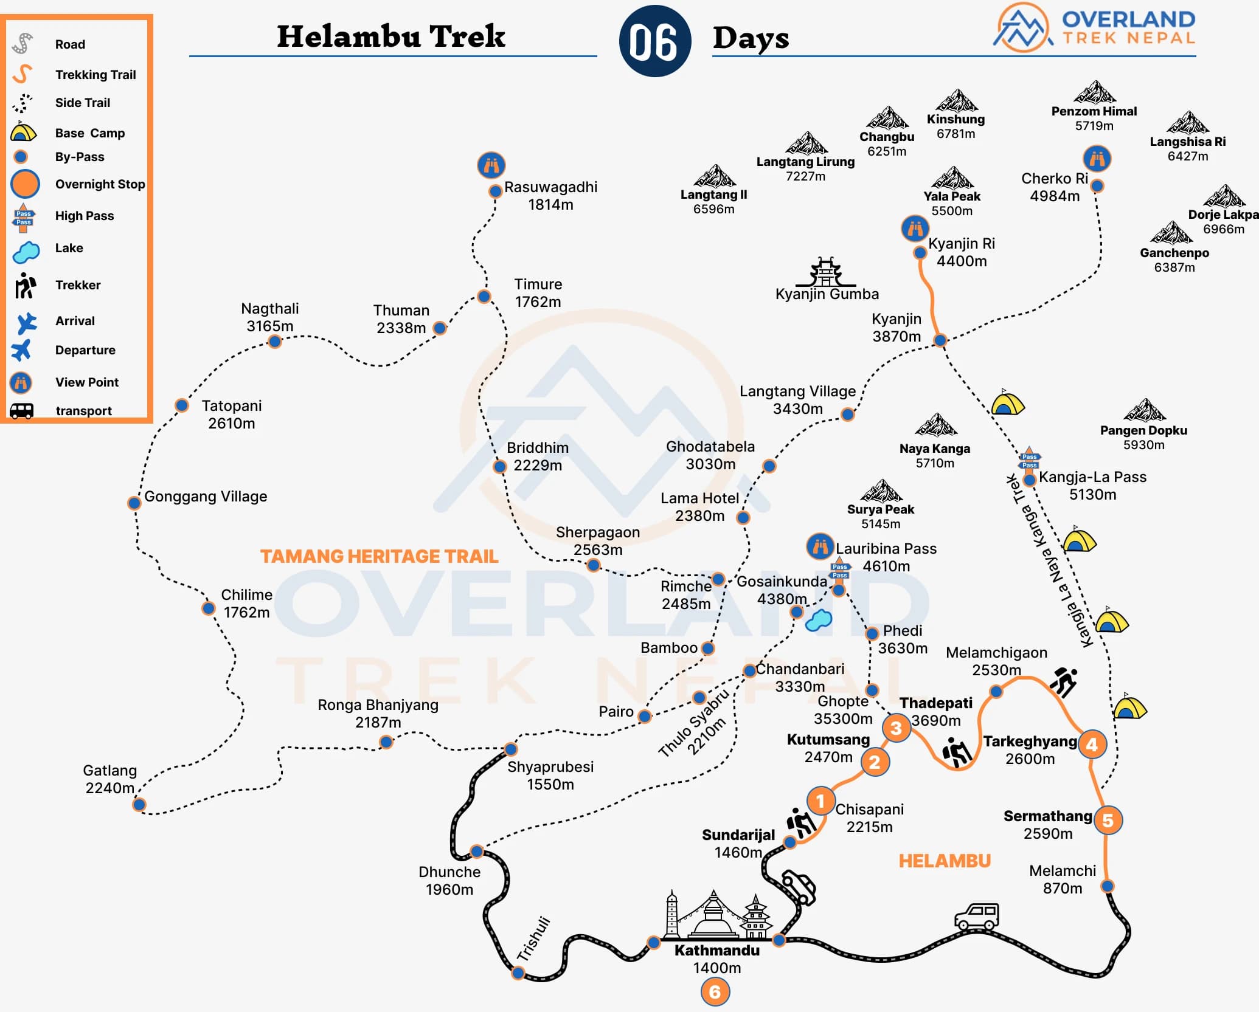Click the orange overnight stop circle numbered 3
pyautogui.click(x=896, y=728)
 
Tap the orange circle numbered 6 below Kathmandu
pyautogui.click(x=715, y=992)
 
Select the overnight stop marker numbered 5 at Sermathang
pyautogui.click(x=1108, y=820)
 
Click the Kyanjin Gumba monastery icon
pyautogui.click(x=825, y=272)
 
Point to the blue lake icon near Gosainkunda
pyautogui.click(x=818, y=620)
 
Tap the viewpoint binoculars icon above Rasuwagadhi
pyautogui.click(x=491, y=165)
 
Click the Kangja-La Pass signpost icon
pyautogui.click(x=1029, y=460)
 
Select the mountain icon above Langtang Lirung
pyautogui.click(x=806, y=143)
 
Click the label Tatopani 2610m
pyautogui.click(x=231, y=415)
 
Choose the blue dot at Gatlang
pyautogui.click(x=139, y=805)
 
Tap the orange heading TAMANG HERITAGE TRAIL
pyautogui.click(x=379, y=556)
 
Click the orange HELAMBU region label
pyautogui.click(x=945, y=861)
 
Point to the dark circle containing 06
pyautogui.click(x=654, y=41)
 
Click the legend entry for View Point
pyautogui.click(x=87, y=382)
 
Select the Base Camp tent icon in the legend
pyautogui.click(x=23, y=132)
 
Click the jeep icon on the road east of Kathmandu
pyautogui.click(x=977, y=916)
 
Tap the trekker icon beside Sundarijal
pyautogui.click(x=800, y=823)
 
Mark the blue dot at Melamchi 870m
pyautogui.click(x=1108, y=886)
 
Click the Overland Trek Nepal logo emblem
pyautogui.click(x=1023, y=27)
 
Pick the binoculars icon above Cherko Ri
pyautogui.click(x=1097, y=159)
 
